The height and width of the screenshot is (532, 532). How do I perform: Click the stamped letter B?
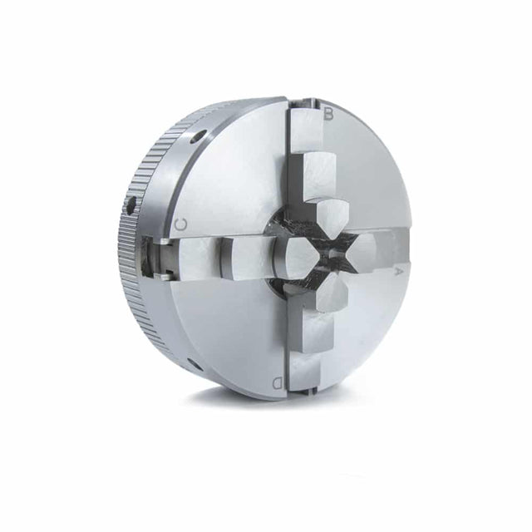point(328,114)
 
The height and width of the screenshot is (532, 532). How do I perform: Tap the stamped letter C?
point(181,224)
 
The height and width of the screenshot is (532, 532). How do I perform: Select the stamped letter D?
point(278,382)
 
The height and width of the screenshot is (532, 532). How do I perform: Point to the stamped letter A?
point(399,272)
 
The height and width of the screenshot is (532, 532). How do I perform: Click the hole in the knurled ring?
point(131,205)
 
